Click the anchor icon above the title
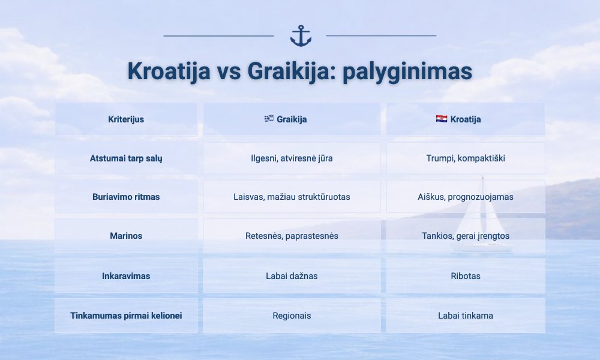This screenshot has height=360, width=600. [301, 36]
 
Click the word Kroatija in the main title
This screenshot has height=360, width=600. [169, 71]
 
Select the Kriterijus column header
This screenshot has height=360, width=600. [126, 119]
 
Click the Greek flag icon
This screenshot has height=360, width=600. [269, 119]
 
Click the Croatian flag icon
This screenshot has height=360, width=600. [442, 119]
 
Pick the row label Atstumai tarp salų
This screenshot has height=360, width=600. [126, 158]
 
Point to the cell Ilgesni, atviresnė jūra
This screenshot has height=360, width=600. [292, 158]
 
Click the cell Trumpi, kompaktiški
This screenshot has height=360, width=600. [466, 158]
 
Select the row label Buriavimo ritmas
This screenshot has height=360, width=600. [126, 197]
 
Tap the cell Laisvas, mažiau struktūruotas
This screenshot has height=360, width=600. [292, 197]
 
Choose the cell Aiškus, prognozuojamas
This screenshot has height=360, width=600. [466, 197]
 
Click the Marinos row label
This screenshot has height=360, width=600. [126, 236]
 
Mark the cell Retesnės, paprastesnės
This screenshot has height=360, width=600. [292, 236]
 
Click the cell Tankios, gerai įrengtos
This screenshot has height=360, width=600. [466, 236]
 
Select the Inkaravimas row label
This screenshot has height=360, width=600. [126, 276]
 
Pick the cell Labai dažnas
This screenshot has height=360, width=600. [292, 276]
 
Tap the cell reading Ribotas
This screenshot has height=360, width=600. [466, 276]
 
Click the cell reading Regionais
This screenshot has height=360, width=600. [292, 316]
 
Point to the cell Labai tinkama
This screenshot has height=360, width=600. [466, 316]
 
